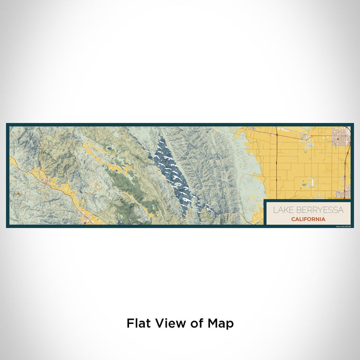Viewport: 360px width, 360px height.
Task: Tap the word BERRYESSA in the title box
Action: point(318,210)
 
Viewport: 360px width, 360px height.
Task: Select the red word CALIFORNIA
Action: point(308,219)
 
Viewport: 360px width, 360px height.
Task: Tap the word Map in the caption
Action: point(221,323)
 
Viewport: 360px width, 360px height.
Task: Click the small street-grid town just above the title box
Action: point(341,194)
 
